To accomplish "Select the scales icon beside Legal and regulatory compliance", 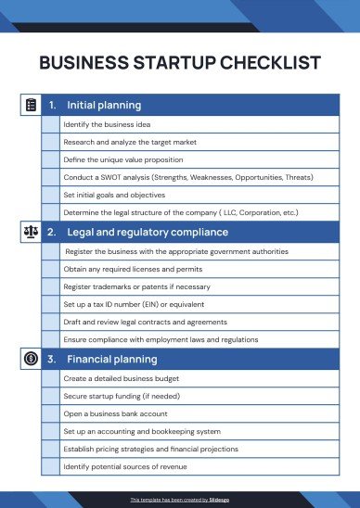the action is (x=30, y=232).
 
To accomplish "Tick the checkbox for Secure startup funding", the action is (x=50, y=397).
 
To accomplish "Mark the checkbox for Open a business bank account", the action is (x=50, y=414).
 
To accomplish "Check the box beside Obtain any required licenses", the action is (x=50, y=269).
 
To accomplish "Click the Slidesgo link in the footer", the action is (x=220, y=499).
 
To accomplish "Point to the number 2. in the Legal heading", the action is (x=51, y=232).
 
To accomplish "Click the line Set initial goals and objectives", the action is (x=114, y=195).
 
